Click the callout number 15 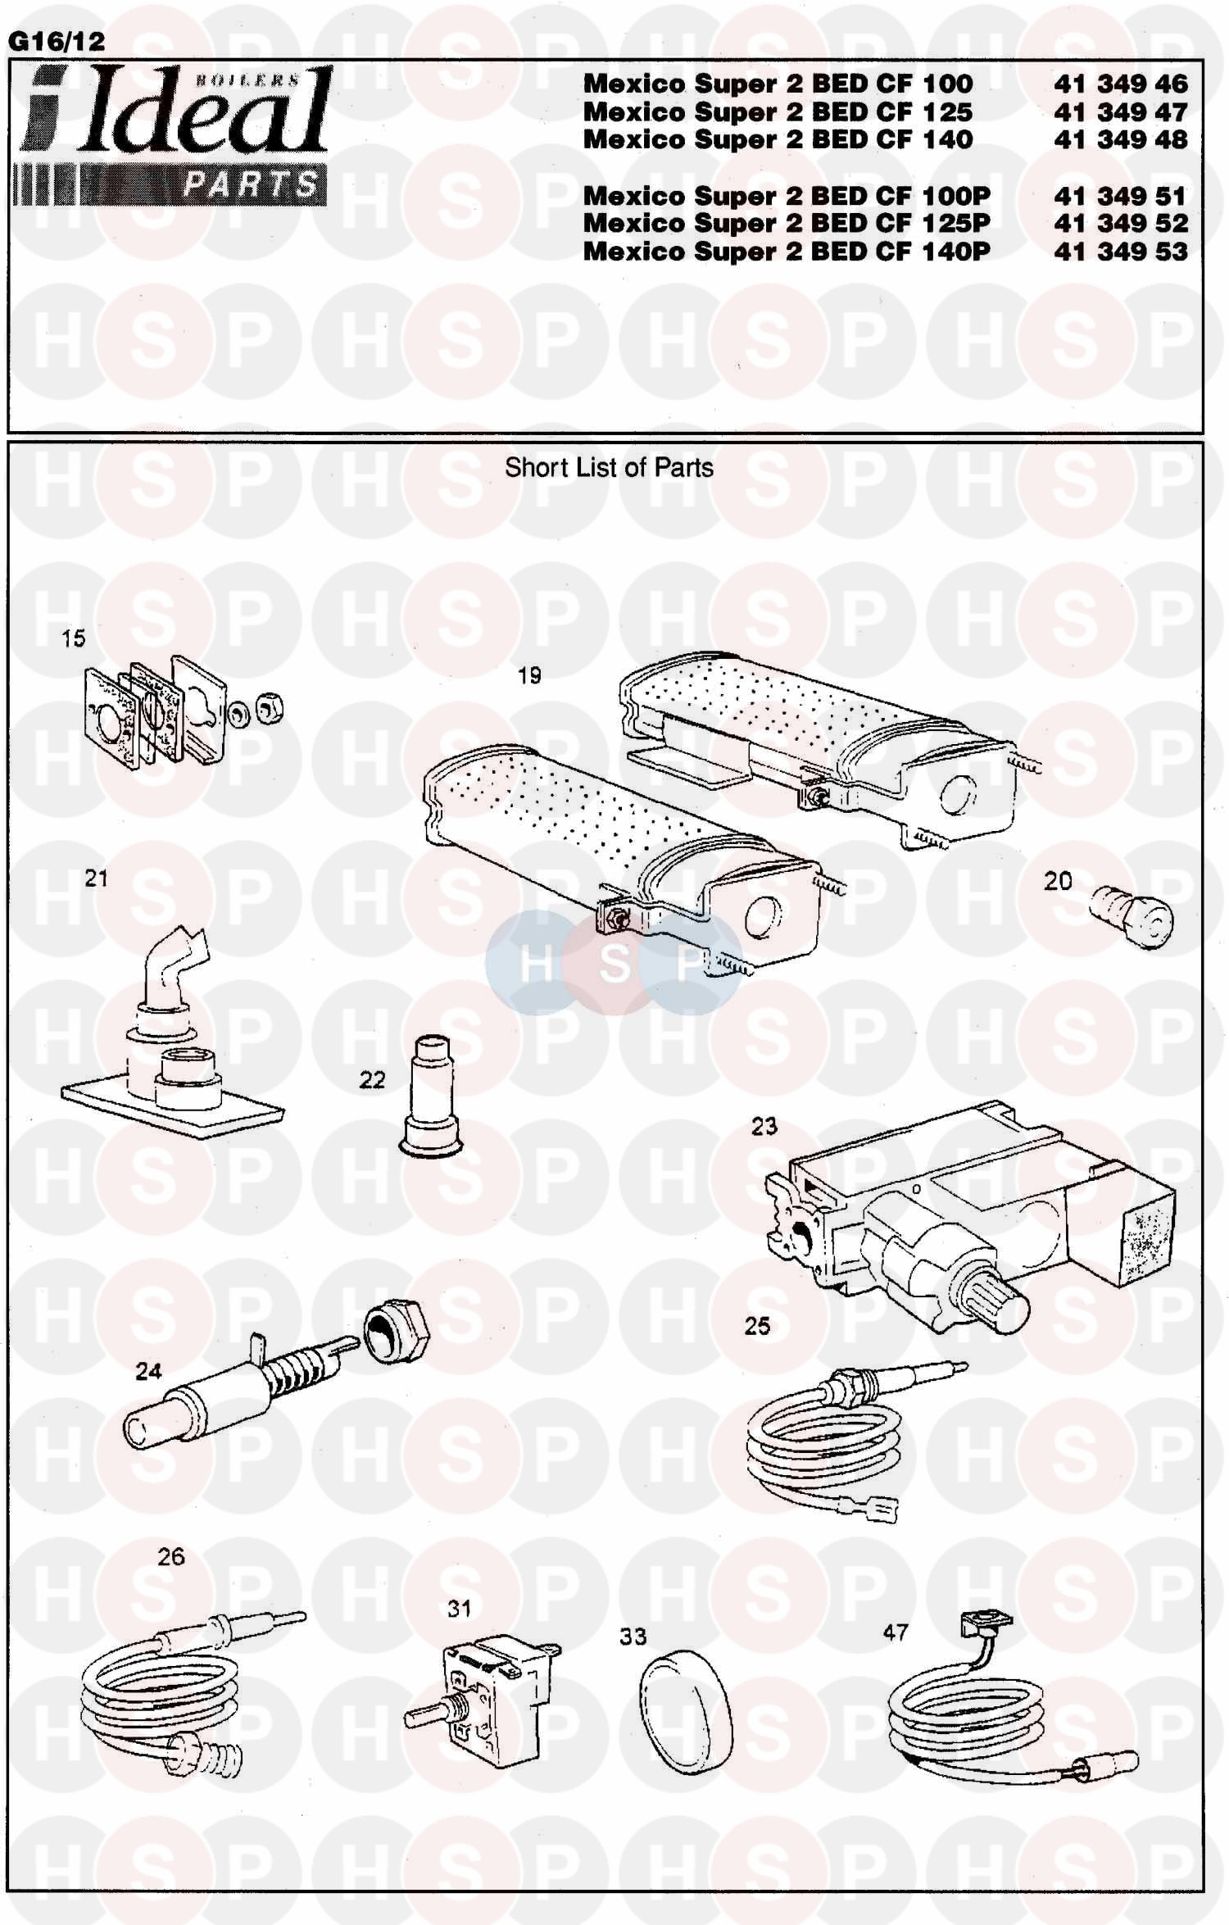click(x=73, y=638)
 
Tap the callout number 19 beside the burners click(x=529, y=676)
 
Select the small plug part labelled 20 click(x=1131, y=915)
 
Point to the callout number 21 click(x=96, y=879)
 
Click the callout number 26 click(x=171, y=1557)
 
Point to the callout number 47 click(x=896, y=1633)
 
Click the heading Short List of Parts click(x=609, y=468)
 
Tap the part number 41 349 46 click(x=1121, y=84)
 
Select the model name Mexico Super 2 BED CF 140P click(x=787, y=251)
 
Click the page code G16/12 click(x=56, y=42)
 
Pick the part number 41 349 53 click(x=1121, y=251)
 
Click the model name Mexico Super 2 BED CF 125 click(x=778, y=111)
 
